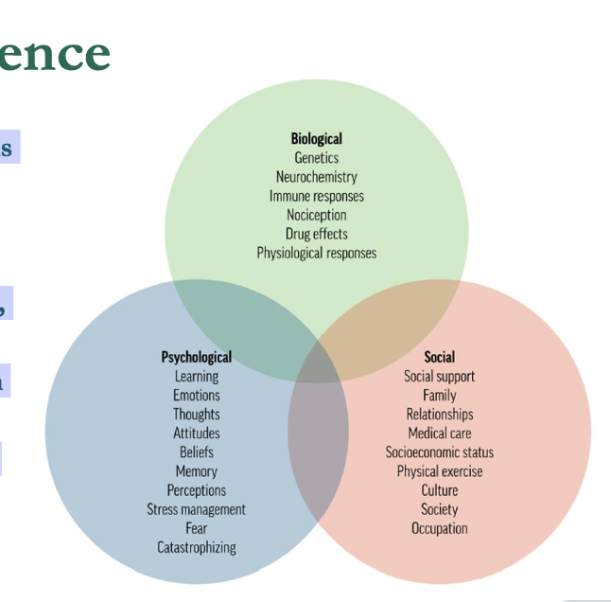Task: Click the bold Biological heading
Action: tap(316, 139)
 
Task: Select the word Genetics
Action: tap(316, 158)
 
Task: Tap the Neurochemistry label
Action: tap(316, 177)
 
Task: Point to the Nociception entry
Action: tap(316, 215)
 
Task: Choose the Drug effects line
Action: tap(316, 234)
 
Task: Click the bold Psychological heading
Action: tap(196, 357)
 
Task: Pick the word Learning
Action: tap(196, 376)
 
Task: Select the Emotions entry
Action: tap(196, 395)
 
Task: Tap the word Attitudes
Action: tap(196, 433)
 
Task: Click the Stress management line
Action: tap(196, 509)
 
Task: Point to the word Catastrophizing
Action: tap(196, 547)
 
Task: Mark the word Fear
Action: tap(196, 528)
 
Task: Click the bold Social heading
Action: tap(439, 357)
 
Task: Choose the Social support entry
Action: tap(439, 376)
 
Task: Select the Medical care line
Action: tap(439, 433)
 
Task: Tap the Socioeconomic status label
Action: tap(439, 452)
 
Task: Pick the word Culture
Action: tap(439, 490)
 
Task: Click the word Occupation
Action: tap(439, 528)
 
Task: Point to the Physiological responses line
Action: tap(316, 253)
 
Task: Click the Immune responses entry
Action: tap(316, 196)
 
